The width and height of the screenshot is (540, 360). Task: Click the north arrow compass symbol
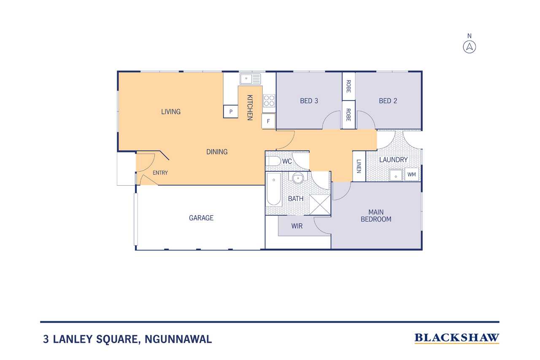pyautogui.click(x=470, y=47)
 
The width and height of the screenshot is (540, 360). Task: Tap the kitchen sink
pyautogui.click(x=250, y=79)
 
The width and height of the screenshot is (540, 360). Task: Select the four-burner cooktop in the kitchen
pyautogui.click(x=269, y=100)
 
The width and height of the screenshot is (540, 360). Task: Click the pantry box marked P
pyautogui.click(x=231, y=111)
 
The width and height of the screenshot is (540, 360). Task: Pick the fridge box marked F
pyautogui.click(x=268, y=121)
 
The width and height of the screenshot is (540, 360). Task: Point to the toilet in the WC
pyautogui.click(x=273, y=161)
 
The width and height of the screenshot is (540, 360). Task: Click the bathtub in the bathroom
pyautogui.click(x=274, y=189)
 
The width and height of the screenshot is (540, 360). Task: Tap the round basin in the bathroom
pyautogui.click(x=298, y=179)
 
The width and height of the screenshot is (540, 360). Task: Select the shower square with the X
pyautogui.click(x=320, y=205)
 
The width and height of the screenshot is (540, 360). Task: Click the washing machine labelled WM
pyautogui.click(x=411, y=174)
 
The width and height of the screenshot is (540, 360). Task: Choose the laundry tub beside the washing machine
pyautogui.click(x=396, y=175)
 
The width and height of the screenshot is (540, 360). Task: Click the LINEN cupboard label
pyautogui.click(x=359, y=166)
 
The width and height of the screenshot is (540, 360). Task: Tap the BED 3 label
pyautogui.click(x=309, y=101)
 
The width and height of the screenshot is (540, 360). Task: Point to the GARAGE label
pyautogui.click(x=201, y=218)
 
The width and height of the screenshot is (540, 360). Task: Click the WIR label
pyautogui.click(x=297, y=226)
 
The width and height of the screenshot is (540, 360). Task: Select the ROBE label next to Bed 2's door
pyautogui.click(x=348, y=115)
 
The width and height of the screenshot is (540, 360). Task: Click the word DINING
pyautogui.click(x=217, y=152)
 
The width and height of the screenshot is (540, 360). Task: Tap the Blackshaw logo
pyautogui.click(x=456, y=338)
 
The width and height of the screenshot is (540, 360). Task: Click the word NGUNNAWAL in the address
pyautogui.click(x=178, y=339)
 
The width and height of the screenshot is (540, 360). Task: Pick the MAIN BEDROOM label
pyautogui.click(x=376, y=216)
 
